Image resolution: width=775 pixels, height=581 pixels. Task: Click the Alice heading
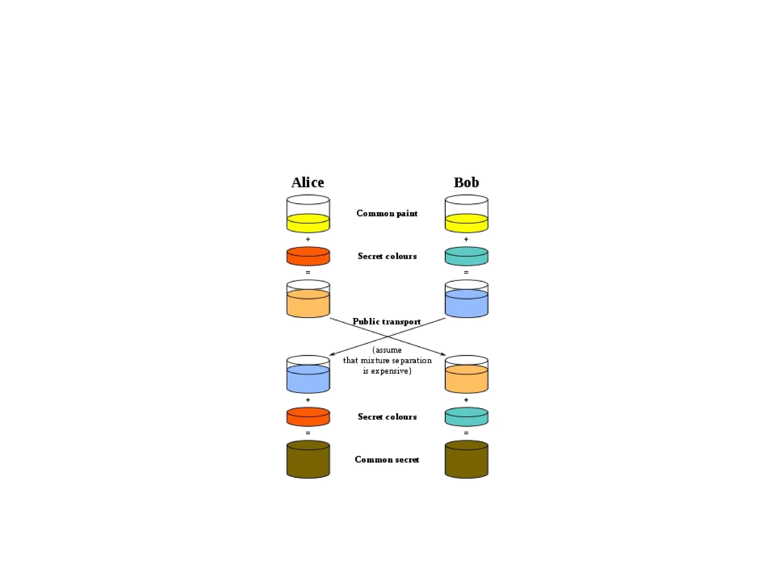(308, 182)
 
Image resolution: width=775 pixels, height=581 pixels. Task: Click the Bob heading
(466, 182)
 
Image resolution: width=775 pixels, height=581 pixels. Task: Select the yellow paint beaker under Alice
(308, 214)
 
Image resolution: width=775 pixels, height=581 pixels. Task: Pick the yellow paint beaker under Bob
(466, 214)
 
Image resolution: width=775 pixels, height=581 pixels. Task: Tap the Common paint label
(387, 213)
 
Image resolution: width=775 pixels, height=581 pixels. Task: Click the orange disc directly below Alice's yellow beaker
(308, 256)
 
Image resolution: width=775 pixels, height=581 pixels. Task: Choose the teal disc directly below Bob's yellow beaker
(466, 256)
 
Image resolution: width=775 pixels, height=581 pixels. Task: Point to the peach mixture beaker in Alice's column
(308, 299)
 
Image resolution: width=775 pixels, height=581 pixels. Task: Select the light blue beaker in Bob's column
(466, 299)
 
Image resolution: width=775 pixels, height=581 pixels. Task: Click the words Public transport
(386, 322)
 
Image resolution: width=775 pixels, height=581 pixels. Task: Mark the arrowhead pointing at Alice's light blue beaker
(331, 354)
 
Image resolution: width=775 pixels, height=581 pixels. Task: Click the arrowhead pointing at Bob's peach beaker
(443, 354)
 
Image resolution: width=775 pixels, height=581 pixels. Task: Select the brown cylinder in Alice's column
(308, 460)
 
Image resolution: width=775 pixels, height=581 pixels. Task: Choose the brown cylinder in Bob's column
(466, 460)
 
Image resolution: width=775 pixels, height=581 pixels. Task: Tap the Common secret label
(387, 460)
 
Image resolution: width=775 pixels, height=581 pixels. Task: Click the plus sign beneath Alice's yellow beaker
(308, 239)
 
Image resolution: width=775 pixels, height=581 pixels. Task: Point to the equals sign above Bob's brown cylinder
(466, 433)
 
